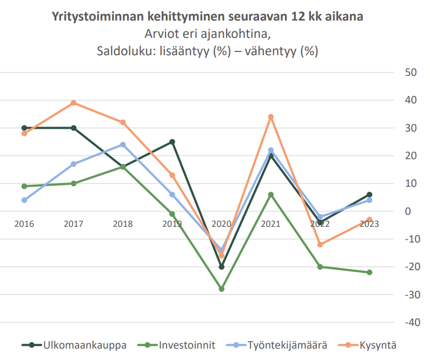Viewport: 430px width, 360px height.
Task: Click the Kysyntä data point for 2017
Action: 74,103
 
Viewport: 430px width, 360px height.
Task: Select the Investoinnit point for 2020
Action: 221,289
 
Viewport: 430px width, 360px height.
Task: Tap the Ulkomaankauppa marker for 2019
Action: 172,142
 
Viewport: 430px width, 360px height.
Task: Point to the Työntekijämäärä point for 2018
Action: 123,145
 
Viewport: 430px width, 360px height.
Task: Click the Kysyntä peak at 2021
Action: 271,117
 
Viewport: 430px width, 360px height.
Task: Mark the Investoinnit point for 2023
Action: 369,272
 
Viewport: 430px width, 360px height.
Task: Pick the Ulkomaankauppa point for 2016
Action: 24,128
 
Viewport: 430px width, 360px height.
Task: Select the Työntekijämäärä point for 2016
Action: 24,200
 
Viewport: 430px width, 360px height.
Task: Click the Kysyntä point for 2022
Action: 320,245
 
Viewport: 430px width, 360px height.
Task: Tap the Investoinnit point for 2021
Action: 271,195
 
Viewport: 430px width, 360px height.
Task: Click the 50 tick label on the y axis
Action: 409,73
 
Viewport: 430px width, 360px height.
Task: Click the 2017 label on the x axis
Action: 74,224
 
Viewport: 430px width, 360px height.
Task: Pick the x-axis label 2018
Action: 123,224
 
